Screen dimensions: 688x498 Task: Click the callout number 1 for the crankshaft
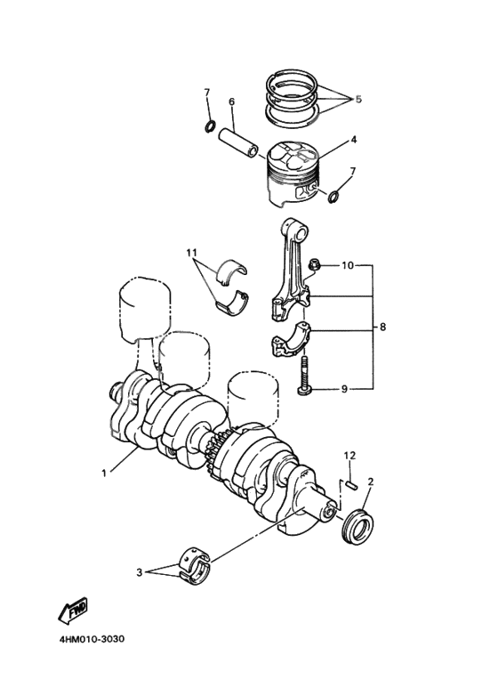click(104, 473)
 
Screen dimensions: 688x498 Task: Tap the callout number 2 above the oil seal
click(371, 482)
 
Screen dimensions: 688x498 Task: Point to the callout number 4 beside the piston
click(353, 140)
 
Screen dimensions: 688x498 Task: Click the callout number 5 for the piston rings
click(357, 100)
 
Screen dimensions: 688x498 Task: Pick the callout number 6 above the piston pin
click(231, 101)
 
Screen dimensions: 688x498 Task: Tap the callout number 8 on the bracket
click(382, 327)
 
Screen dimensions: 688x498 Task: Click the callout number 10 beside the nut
click(347, 265)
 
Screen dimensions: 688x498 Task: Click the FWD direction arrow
click(71, 611)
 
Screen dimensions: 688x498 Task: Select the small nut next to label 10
click(314, 264)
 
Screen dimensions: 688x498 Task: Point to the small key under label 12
click(351, 485)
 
